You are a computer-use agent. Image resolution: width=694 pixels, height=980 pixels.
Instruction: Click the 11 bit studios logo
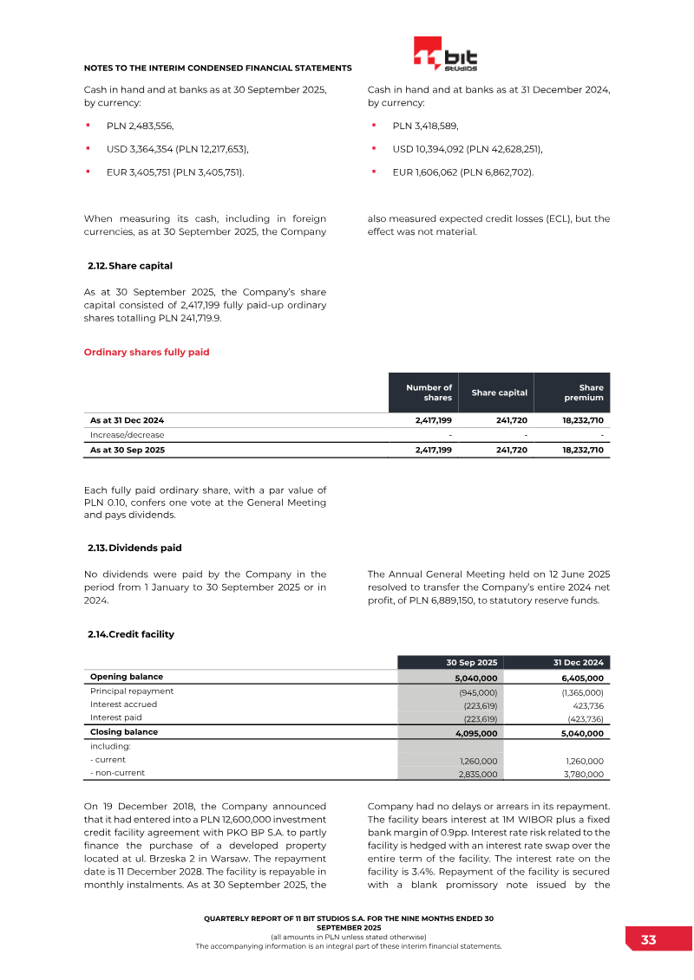pos(445,55)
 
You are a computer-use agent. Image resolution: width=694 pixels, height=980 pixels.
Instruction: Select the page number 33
pos(648,940)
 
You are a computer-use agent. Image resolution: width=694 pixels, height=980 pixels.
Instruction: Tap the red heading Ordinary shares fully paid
pos(146,352)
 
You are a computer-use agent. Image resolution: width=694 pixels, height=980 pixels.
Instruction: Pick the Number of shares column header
pos(429,393)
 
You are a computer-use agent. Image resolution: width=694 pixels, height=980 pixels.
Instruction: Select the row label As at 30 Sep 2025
pos(128,451)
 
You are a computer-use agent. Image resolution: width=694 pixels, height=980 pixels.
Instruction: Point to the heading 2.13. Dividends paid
pos(134,548)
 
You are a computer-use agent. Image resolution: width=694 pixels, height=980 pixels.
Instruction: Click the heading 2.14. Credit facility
pos(131,634)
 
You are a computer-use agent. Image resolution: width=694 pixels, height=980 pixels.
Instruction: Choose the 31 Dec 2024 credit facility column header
pos(578,663)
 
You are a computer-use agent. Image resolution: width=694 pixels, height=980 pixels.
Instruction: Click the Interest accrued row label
pos(124,704)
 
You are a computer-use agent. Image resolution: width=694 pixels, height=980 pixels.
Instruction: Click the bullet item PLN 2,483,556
pos(134,126)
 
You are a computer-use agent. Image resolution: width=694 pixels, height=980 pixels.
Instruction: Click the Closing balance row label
pos(124,732)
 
